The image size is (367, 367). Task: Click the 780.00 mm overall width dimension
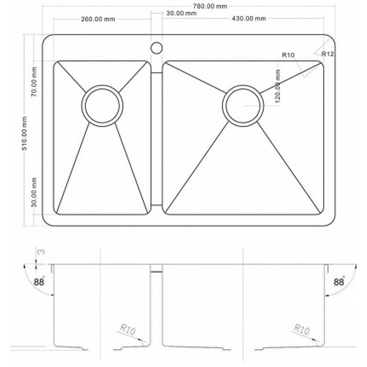coord(210,6)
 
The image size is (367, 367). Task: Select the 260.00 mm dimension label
coord(98,19)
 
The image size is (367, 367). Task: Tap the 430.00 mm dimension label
coord(249,18)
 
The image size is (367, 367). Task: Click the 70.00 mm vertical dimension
coord(34,82)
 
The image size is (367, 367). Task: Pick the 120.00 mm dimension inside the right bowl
coord(278,86)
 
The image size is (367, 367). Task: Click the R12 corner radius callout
coord(328,54)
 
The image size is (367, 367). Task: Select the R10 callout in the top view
coord(288,55)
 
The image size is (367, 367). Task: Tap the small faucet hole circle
coord(156,48)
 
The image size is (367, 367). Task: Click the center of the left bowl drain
coord(102,106)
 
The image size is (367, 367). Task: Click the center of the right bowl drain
coord(243,106)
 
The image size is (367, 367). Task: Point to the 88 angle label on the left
coord(39,281)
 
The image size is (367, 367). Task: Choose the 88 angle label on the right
coord(339,282)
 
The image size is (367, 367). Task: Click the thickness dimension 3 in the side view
coord(41,252)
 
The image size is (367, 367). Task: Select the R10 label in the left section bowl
coord(128,329)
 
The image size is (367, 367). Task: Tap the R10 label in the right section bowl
coord(302,329)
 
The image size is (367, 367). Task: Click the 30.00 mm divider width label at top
coord(181,13)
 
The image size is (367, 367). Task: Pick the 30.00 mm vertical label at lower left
coord(34,192)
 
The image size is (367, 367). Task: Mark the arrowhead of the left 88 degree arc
coord(53,295)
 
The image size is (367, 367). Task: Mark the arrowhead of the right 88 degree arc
coord(326,295)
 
